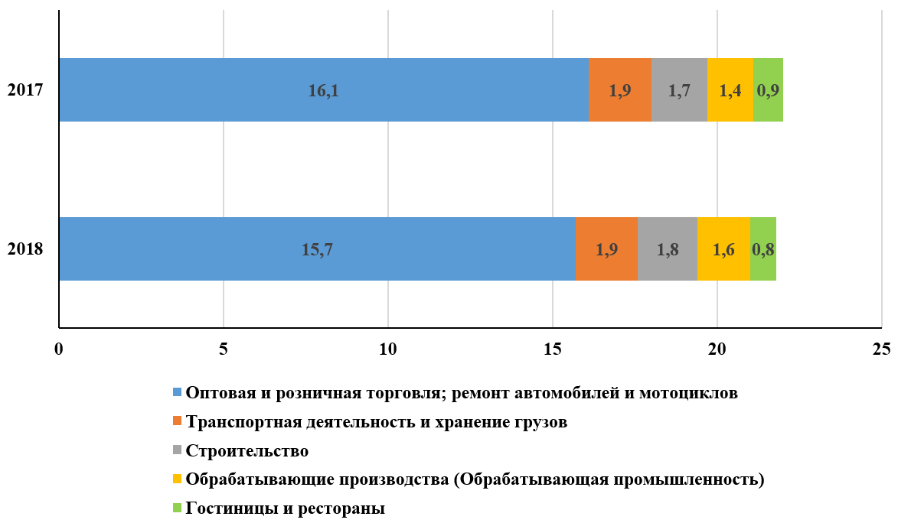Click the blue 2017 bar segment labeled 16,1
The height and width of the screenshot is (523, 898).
[323, 90]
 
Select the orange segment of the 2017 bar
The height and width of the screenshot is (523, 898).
[620, 90]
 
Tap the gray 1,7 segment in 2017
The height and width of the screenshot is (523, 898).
[679, 90]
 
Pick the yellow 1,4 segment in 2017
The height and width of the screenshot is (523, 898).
[730, 90]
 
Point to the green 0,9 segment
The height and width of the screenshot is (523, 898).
[768, 90]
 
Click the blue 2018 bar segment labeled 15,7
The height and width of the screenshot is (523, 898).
[316, 249]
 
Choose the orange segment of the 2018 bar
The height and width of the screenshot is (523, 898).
[606, 249]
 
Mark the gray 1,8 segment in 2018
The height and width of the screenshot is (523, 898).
[667, 249]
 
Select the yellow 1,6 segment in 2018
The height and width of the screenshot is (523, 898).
[723, 249]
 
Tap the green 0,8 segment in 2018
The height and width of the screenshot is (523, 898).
[762, 249]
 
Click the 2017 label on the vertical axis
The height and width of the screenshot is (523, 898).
[24, 90]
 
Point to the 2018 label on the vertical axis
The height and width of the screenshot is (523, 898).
[24, 249]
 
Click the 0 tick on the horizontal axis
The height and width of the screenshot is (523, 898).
[59, 349]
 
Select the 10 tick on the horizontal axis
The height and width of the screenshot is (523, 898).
[387, 349]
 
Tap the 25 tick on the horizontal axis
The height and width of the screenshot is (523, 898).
[882, 349]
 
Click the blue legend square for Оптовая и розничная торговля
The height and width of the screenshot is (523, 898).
[177, 393]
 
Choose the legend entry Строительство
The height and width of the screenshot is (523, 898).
[247, 451]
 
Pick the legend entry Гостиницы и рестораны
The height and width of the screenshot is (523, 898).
[285, 508]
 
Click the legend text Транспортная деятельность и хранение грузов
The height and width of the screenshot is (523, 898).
[377, 422]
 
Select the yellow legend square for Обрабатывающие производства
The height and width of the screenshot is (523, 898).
[177, 480]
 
